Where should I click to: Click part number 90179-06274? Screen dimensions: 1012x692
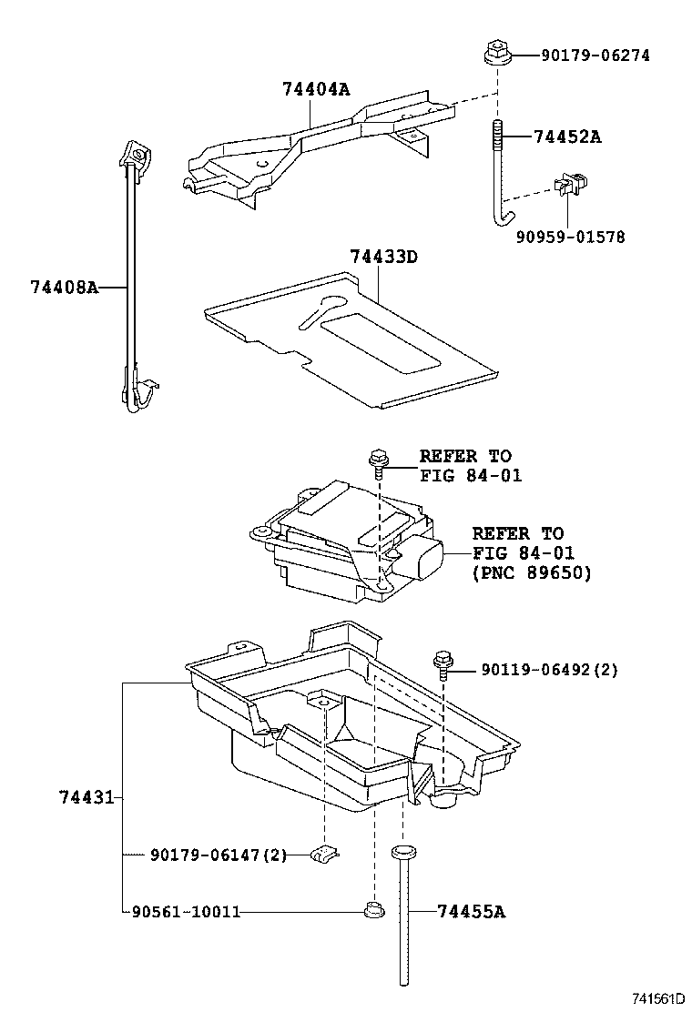point(595,56)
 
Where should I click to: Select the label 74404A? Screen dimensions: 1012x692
point(316,89)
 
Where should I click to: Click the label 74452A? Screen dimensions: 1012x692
point(567,137)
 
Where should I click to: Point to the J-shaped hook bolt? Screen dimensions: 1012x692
point(499,173)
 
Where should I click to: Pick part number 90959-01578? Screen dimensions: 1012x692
point(570,238)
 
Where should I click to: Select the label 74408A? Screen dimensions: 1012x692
point(63,287)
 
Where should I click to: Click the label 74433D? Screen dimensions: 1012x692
point(382,257)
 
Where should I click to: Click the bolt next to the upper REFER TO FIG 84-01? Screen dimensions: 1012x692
point(378,460)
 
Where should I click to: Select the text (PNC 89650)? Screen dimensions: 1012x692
point(531,573)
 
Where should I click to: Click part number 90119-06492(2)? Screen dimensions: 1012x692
point(549,670)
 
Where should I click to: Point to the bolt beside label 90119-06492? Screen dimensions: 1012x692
point(444,663)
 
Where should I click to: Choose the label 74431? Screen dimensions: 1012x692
point(86,797)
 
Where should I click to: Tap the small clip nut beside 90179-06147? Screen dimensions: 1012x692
point(324,854)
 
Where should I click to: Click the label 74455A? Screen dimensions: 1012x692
point(470,911)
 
